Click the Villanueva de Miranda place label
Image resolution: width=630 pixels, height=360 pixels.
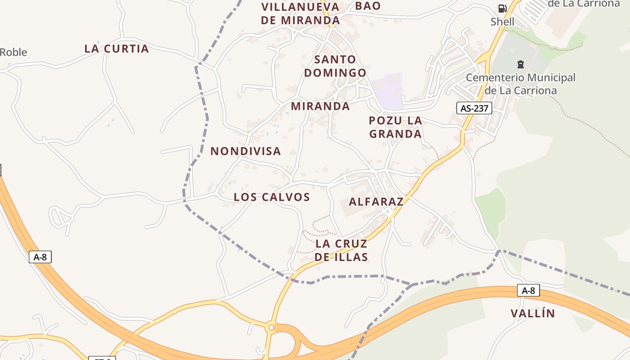[300, 13]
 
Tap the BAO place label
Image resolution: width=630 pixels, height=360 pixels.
[368, 6]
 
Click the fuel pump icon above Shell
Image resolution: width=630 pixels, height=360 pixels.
[502, 8]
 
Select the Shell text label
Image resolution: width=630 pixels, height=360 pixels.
[502, 22]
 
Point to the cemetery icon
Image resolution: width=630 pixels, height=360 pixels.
[521, 64]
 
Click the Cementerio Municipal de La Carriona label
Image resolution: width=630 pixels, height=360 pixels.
[521, 84]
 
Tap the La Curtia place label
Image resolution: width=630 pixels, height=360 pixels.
[117, 49]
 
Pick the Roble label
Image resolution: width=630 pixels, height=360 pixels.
[13, 52]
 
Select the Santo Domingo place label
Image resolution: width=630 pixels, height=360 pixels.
[335, 66]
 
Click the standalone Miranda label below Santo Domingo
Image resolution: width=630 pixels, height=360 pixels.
[320, 106]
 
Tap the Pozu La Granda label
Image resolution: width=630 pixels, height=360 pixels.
[395, 127]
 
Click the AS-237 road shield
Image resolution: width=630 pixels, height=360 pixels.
[474, 108]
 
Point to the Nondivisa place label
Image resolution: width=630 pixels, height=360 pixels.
[246, 151]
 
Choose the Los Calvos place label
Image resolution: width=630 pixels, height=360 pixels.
[272, 197]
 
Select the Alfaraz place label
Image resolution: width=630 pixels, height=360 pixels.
[376, 202]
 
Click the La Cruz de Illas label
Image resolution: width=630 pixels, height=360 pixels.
[342, 250]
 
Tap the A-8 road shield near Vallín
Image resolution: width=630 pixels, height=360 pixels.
[528, 291]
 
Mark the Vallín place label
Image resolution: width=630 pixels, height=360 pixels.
[533, 314]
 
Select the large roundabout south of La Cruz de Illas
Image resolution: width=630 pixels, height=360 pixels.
[270, 328]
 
